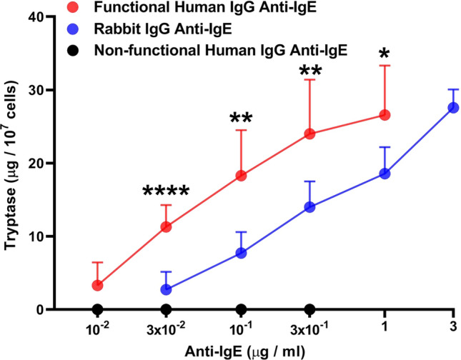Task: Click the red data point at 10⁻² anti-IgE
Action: tap(98, 285)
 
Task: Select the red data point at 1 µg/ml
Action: tap(385, 115)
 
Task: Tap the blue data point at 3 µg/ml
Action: tap(452, 107)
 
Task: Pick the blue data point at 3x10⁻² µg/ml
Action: tap(166, 289)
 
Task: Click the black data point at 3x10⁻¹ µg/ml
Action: tap(309, 309)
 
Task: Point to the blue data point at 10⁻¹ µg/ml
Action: tap(241, 253)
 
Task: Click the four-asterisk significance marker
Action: tap(166, 191)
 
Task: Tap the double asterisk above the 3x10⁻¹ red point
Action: tap(309, 71)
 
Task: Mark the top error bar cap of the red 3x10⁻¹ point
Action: tap(309, 79)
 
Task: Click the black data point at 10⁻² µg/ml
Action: tap(98, 309)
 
